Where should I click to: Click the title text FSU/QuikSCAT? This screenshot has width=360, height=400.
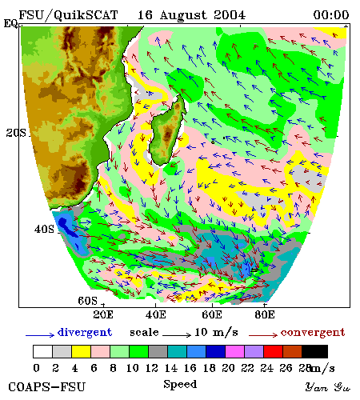tap(68, 15)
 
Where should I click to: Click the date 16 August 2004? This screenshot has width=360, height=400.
tap(191, 15)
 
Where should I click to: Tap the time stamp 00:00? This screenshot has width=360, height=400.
tap(331, 15)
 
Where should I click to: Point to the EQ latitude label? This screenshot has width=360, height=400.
tap(10, 23)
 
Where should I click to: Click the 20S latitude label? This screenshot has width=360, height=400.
tap(16, 133)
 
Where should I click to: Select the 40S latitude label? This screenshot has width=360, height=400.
tap(44, 229)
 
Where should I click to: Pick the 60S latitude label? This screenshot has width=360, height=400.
tap(88, 301)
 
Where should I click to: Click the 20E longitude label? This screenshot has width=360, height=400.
tap(103, 314)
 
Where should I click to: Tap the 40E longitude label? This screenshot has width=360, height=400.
tap(156, 314)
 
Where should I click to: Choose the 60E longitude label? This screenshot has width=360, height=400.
tap(212, 314)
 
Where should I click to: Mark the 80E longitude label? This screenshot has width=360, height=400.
tap(265, 314)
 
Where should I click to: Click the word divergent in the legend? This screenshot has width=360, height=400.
tap(85, 332)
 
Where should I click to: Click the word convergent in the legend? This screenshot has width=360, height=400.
tap(313, 333)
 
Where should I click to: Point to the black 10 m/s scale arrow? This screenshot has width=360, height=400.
tap(177, 334)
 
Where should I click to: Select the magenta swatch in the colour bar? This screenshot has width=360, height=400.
tap(234, 351)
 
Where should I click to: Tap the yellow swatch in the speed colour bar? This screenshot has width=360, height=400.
tap(81, 351)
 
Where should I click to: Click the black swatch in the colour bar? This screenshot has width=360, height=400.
tap(314, 351)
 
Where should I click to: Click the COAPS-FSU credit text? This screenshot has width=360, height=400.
tap(46, 387)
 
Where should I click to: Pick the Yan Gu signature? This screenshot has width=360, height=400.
tap(328, 387)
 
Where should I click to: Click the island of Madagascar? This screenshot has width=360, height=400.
tap(167, 130)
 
